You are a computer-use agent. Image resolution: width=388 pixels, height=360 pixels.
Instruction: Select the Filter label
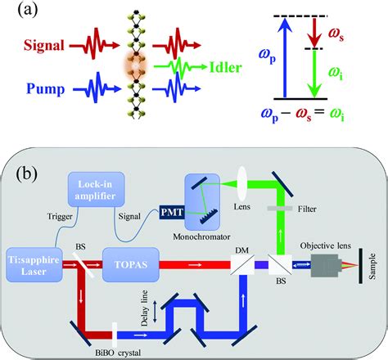[x=310, y=209]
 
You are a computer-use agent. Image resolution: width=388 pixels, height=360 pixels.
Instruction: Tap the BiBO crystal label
[x=106, y=347]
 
